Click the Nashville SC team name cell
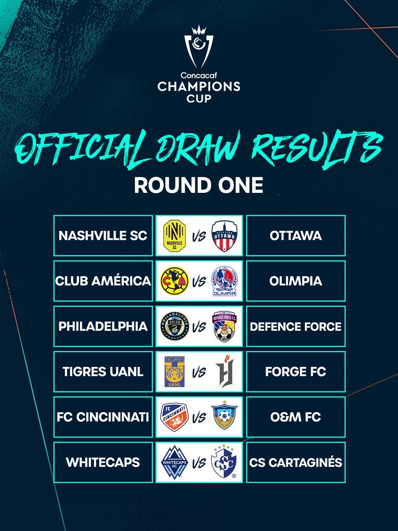tap(103, 235)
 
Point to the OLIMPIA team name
tap(295, 281)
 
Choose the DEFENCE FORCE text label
tap(295, 327)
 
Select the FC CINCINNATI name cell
tap(103, 417)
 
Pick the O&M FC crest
tap(224, 417)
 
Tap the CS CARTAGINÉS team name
tap(295, 463)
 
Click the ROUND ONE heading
tap(199, 185)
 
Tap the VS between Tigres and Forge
tap(199, 373)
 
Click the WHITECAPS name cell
tap(103, 463)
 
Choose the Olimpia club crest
tap(224, 281)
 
